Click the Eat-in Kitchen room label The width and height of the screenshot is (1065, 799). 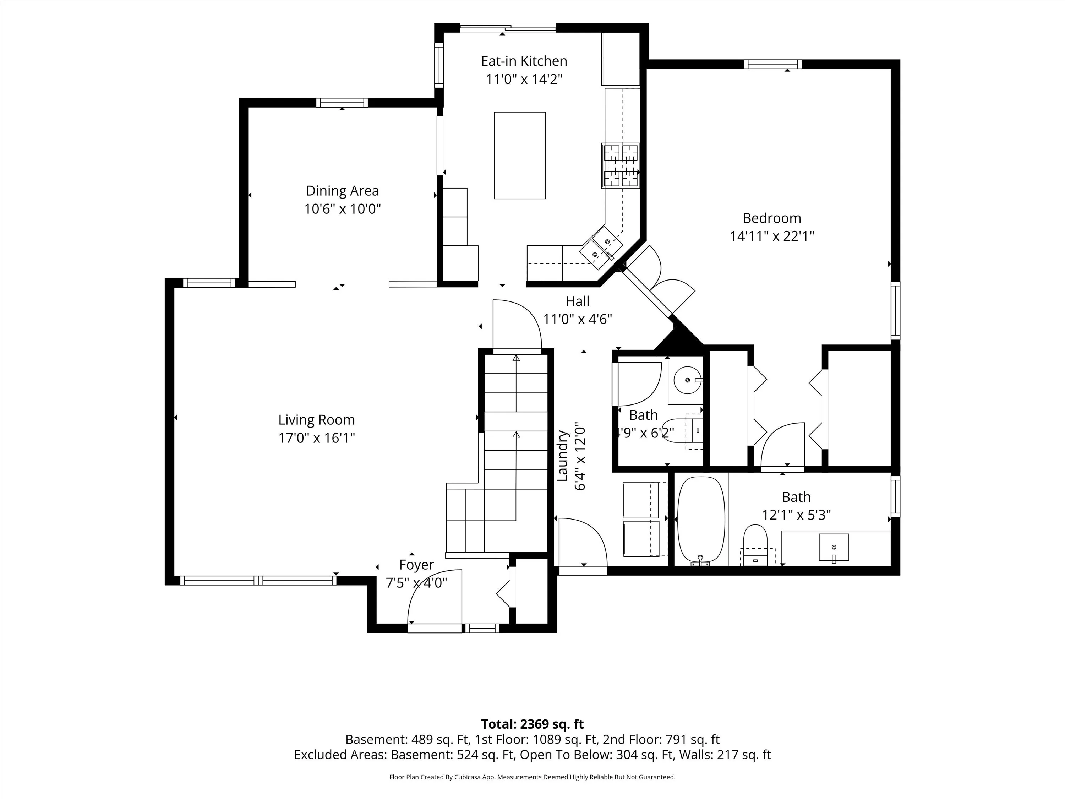[524, 61]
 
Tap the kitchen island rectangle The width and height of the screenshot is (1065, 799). [519, 155]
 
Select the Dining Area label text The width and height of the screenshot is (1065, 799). [342, 191]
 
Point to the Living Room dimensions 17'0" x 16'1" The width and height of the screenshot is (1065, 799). [316, 438]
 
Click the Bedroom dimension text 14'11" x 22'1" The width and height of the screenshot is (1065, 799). [772, 236]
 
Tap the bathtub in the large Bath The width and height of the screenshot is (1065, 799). [700, 521]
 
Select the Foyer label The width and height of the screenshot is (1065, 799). [416, 565]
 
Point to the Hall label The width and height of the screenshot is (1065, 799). [577, 301]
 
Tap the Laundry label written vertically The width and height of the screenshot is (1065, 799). [562, 456]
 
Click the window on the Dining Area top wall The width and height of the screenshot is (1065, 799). [342, 103]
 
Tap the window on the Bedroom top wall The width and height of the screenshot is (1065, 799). [773, 64]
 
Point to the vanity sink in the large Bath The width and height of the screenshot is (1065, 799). [834, 548]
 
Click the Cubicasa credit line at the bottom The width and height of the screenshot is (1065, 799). [532, 777]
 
